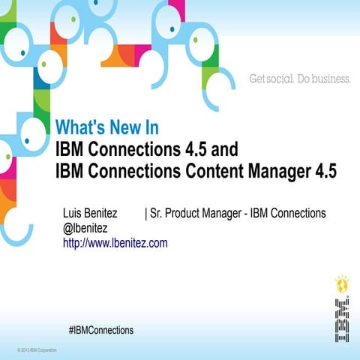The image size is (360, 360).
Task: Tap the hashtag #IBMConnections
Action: [x=100, y=330]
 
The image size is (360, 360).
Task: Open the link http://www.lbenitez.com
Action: [x=115, y=243]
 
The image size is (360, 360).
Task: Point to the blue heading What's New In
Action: [x=106, y=127]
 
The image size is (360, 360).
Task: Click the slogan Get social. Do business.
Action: [x=299, y=79]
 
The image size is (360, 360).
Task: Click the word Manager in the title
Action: [x=276, y=171]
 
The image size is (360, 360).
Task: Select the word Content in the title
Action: [x=207, y=171]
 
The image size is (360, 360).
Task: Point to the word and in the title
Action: [x=212, y=147]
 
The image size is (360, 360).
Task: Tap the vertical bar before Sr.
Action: [x=145, y=214]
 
